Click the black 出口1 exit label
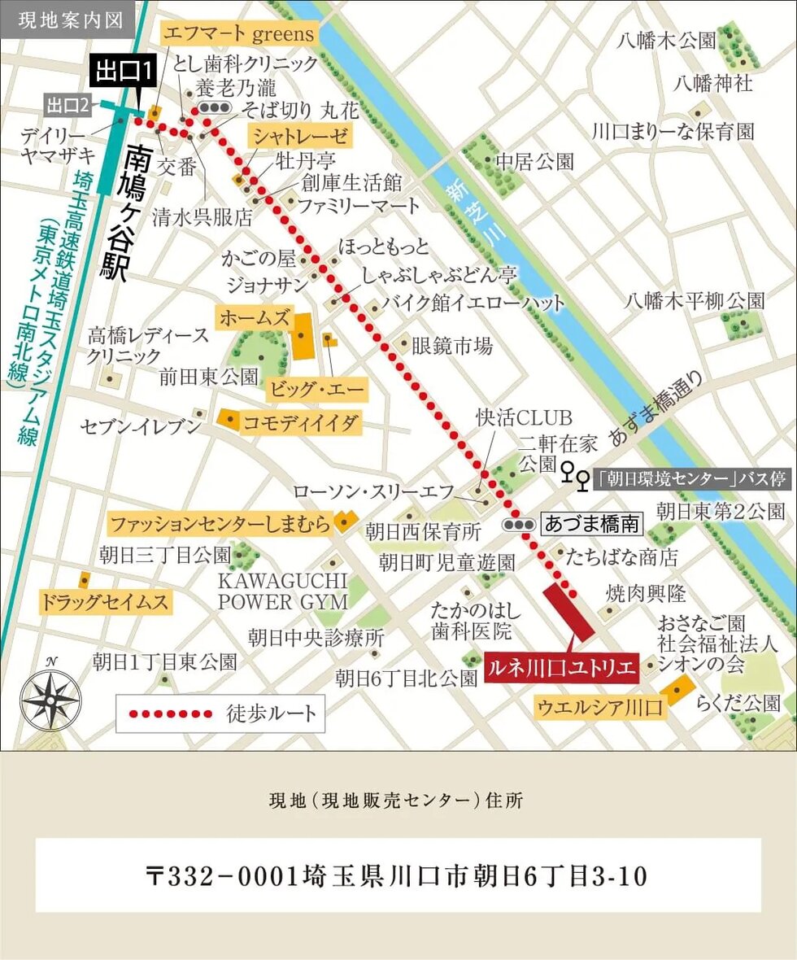pos(124,71)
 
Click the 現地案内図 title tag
pos(65,20)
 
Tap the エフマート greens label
pos(239,33)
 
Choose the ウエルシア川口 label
pos(600,707)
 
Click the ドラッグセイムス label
pos(106,603)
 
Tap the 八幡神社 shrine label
pos(713,82)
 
